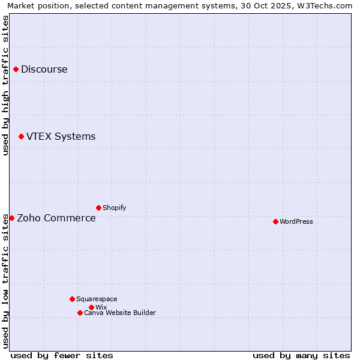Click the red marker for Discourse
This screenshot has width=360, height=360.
[x=16, y=69]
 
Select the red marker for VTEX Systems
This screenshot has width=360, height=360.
[x=21, y=137]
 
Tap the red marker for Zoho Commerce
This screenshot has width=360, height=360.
[x=11, y=218]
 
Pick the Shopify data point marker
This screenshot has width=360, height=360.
[x=98, y=208]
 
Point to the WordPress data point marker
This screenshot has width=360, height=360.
[x=275, y=221]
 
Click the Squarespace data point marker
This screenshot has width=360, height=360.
[x=72, y=299]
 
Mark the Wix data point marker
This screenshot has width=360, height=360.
[x=91, y=307]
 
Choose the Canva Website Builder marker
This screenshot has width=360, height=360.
[x=80, y=313]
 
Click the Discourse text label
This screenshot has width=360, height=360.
[x=44, y=69]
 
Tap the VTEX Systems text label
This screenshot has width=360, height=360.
[x=61, y=137]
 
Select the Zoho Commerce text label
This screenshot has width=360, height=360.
[x=56, y=218]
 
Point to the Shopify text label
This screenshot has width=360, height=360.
[x=115, y=208]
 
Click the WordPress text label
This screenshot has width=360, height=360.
[x=296, y=221]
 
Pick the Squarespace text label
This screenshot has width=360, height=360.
[x=97, y=299]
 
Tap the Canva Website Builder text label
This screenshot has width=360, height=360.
[x=120, y=313]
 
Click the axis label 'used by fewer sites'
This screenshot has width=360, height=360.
[x=62, y=355]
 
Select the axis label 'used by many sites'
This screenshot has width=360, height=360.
[x=301, y=355]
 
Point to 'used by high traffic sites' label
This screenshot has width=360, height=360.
[x=5, y=85]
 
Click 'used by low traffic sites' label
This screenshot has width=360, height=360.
[x=5, y=281]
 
